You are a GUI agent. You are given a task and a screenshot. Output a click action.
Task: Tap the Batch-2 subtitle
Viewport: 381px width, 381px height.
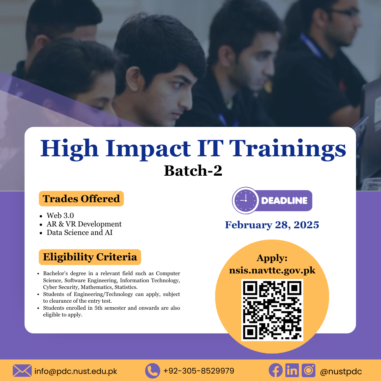click(193, 171)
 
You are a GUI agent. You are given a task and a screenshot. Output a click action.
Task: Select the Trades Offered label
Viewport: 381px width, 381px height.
click(81, 199)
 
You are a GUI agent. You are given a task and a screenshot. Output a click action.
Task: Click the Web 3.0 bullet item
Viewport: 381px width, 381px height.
click(60, 216)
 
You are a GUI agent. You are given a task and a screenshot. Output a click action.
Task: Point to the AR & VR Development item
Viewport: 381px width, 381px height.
click(84, 224)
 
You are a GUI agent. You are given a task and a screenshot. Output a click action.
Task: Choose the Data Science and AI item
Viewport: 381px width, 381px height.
click(79, 232)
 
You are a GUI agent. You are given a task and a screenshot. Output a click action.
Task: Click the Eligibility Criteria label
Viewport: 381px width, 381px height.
click(90, 257)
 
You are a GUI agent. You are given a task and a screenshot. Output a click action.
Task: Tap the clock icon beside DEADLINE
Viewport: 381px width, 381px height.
click(246, 200)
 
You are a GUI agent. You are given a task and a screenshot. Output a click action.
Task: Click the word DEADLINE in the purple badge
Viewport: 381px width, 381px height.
click(284, 201)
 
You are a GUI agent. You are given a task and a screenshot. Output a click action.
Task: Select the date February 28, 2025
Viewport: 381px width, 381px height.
click(272, 225)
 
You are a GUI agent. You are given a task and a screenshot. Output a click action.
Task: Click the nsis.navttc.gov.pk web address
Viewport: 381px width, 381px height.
click(272, 271)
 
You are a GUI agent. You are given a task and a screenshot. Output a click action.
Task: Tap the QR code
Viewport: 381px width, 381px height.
click(272, 310)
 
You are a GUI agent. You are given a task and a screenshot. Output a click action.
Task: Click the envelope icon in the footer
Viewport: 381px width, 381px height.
click(22, 371)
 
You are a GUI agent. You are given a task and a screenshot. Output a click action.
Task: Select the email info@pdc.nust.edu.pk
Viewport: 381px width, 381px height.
click(76, 371)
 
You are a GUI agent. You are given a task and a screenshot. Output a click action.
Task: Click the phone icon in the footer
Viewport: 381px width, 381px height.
click(152, 371)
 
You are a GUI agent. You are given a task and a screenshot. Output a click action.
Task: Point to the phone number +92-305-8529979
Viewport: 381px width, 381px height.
click(199, 371)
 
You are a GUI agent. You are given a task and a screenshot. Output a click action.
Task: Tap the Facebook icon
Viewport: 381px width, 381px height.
click(276, 370)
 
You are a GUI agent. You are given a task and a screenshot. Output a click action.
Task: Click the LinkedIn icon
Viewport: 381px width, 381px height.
click(292, 370)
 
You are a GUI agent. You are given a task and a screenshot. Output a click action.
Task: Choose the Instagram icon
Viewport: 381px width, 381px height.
click(309, 370)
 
